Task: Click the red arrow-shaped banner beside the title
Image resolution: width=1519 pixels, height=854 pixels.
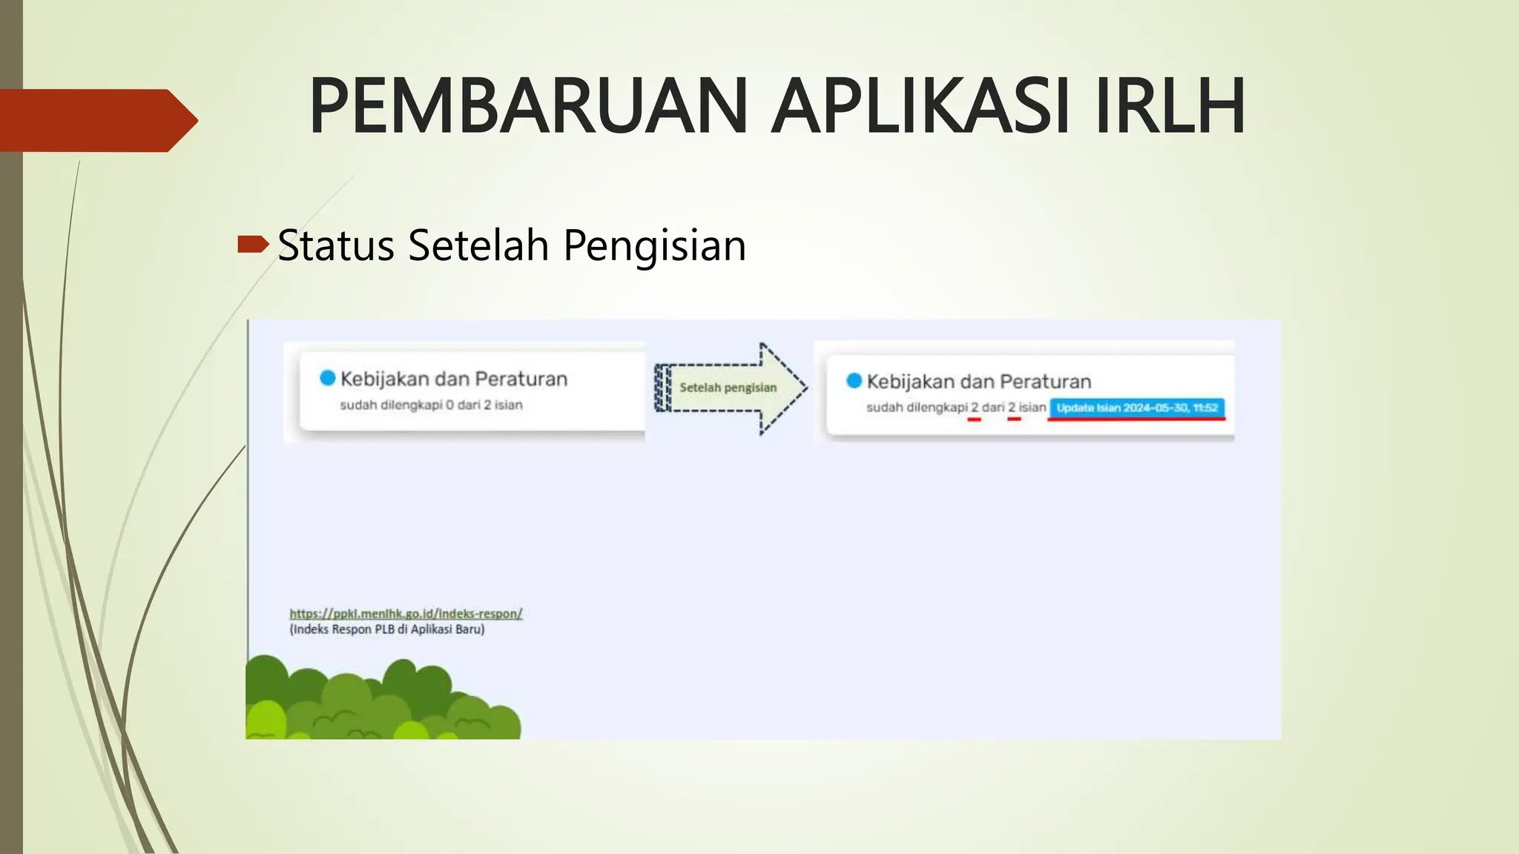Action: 96,120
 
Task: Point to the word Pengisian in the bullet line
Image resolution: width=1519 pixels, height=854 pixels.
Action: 654,246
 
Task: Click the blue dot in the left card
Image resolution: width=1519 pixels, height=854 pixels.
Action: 328,378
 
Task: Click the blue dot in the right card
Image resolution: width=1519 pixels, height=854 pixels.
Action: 854,380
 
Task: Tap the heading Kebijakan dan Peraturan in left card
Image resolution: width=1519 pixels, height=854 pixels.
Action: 453,379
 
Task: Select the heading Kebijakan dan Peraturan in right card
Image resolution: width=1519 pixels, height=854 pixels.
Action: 978,382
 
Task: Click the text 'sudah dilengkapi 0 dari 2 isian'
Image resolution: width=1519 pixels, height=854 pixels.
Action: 431,405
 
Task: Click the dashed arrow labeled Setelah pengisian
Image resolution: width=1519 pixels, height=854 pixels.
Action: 731,388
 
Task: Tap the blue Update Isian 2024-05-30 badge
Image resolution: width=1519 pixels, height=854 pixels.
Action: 1136,408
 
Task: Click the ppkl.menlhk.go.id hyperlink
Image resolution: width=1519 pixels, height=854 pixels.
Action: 406,613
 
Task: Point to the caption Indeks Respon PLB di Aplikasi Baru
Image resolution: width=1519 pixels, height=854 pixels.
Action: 386,629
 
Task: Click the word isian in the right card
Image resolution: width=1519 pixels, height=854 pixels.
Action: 1032,407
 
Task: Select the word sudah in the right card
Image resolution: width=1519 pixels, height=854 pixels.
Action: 883,407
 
